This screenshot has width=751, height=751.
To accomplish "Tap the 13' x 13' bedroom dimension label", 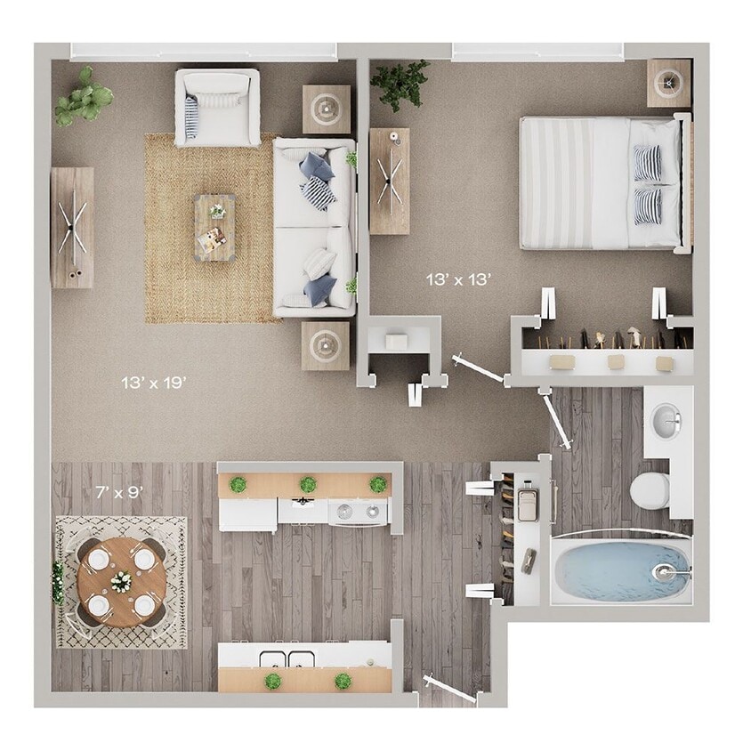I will pyautogui.click(x=458, y=279).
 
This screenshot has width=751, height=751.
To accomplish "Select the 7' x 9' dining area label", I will pyautogui.click(x=117, y=491).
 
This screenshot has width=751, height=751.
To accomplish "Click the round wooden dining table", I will pyautogui.click(x=121, y=582).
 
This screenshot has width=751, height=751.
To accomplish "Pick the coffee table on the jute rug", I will pyautogui.click(x=214, y=227).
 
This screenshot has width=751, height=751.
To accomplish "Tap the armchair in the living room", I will pyautogui.click(x=217, y=107).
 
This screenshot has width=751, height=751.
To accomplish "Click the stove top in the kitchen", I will pyautogui.click(x=359, y=512).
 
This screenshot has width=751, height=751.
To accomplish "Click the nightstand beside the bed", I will pyautogui.click(x=668, y=83).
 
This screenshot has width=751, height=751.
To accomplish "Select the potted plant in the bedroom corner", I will pyautogui.click(x=400, y=83).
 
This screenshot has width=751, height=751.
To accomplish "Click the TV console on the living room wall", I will pyautogui.click(x=72, y=227).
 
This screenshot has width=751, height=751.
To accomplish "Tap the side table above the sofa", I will pyautogui.click(x=326, y=109).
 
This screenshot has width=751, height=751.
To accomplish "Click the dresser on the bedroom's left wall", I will pyautogui.click(x=389, y=181).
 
